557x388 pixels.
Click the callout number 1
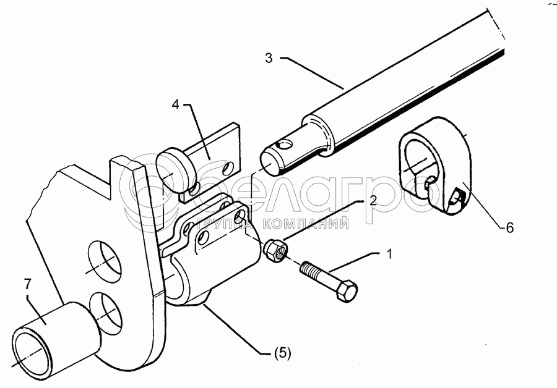[389, 254]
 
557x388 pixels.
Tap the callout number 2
[373, 201]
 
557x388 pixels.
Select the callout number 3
[269, 58]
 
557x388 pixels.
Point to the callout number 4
[176, 105]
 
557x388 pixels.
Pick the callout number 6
[510, 228]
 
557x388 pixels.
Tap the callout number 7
[28, 284]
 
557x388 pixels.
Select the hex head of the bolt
[345, 290]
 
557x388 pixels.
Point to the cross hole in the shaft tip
[285, 145]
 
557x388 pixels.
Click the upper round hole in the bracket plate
[105, 258]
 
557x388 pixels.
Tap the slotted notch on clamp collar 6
[456, 198]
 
